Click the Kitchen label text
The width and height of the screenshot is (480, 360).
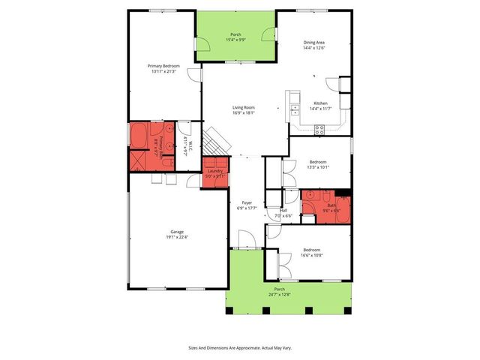[x=320, y=103]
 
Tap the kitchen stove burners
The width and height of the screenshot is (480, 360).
[x=319, y=128]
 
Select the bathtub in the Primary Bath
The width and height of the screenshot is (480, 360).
[x=139, y=136]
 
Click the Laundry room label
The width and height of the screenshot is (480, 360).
[x=216, y=171]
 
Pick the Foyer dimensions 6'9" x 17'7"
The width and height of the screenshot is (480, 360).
[x=247, y=208]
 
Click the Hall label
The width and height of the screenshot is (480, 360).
[x=283, y=210]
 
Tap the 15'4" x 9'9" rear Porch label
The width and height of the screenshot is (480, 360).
[x=235, y=40]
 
